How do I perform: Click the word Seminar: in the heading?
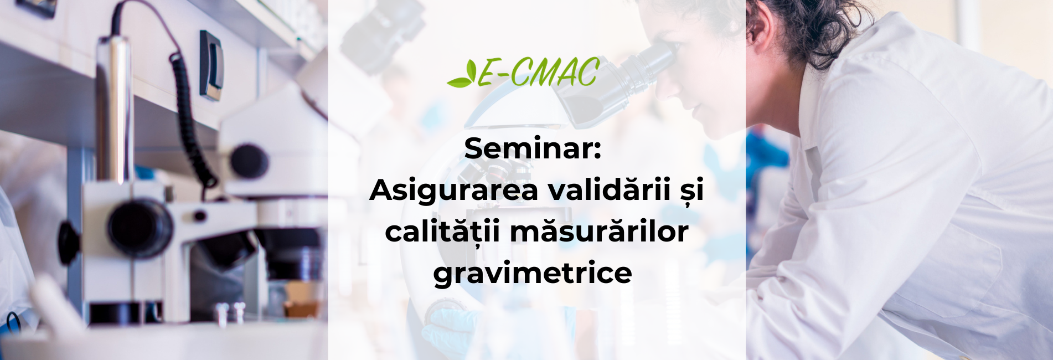click(533, 148)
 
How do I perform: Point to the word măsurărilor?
click(599, 232)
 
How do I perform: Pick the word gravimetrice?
click(533, 274)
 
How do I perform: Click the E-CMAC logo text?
click(538, 73)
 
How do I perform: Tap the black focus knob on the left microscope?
click(249, 161)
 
